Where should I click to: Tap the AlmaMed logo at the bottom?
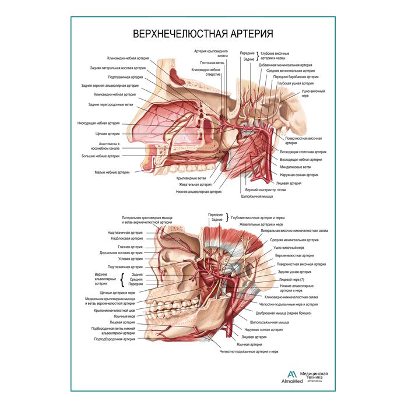pyautogui.click(x=291, y=377)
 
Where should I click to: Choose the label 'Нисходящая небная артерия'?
pyautogui.click(x=99, y=123)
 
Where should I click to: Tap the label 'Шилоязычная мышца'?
pyautogui.click(x=259, y=196)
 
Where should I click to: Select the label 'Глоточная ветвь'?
pyautogui.click(x=212, y=63)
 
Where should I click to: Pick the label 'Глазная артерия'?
pyautogui.click(x=129, y=247)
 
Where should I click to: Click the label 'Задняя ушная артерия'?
pyautogui.click(x=295, y=272)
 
